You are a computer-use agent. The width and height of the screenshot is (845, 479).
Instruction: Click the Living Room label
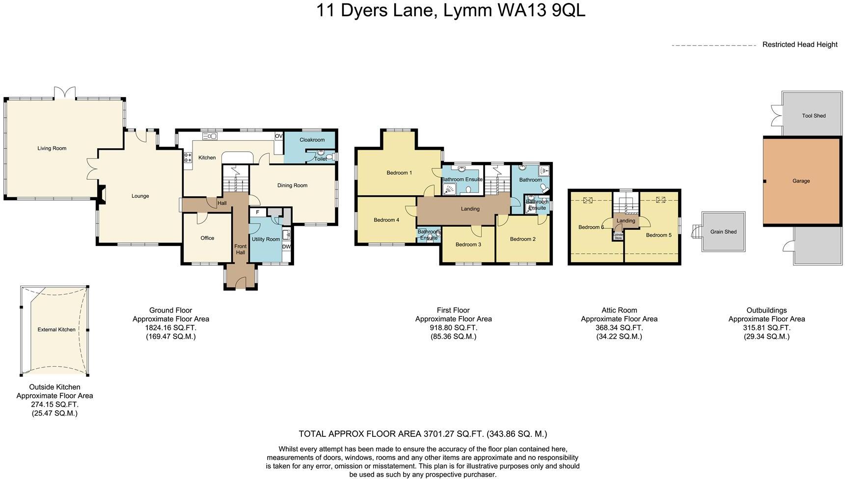52,148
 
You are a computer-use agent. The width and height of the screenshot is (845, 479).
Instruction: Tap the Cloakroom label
312,140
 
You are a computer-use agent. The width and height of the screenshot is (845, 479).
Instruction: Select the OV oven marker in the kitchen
278,136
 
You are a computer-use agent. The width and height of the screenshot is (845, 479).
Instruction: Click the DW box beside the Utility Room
286,247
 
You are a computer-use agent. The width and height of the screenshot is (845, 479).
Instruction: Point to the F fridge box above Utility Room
257,213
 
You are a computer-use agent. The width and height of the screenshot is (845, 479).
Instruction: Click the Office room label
207,238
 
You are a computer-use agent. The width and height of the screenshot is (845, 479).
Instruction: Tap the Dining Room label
292,186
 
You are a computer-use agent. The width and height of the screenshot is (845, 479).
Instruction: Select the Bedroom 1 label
399,173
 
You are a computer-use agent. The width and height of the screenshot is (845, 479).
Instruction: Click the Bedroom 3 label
468,244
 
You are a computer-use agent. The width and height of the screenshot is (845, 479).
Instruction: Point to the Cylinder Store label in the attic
618,237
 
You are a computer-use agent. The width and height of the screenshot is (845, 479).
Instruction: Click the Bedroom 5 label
658,235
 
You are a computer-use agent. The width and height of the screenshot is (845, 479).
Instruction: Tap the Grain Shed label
723,232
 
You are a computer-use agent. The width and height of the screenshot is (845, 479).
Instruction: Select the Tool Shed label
814,116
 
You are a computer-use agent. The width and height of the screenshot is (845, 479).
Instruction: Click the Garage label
801,181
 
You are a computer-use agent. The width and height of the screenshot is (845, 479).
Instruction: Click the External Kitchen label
56,330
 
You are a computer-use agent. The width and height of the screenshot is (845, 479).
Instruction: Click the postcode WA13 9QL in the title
541,10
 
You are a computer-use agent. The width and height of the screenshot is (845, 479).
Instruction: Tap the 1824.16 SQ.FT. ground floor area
170,328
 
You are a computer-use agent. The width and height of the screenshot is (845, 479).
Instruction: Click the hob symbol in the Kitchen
188,158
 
